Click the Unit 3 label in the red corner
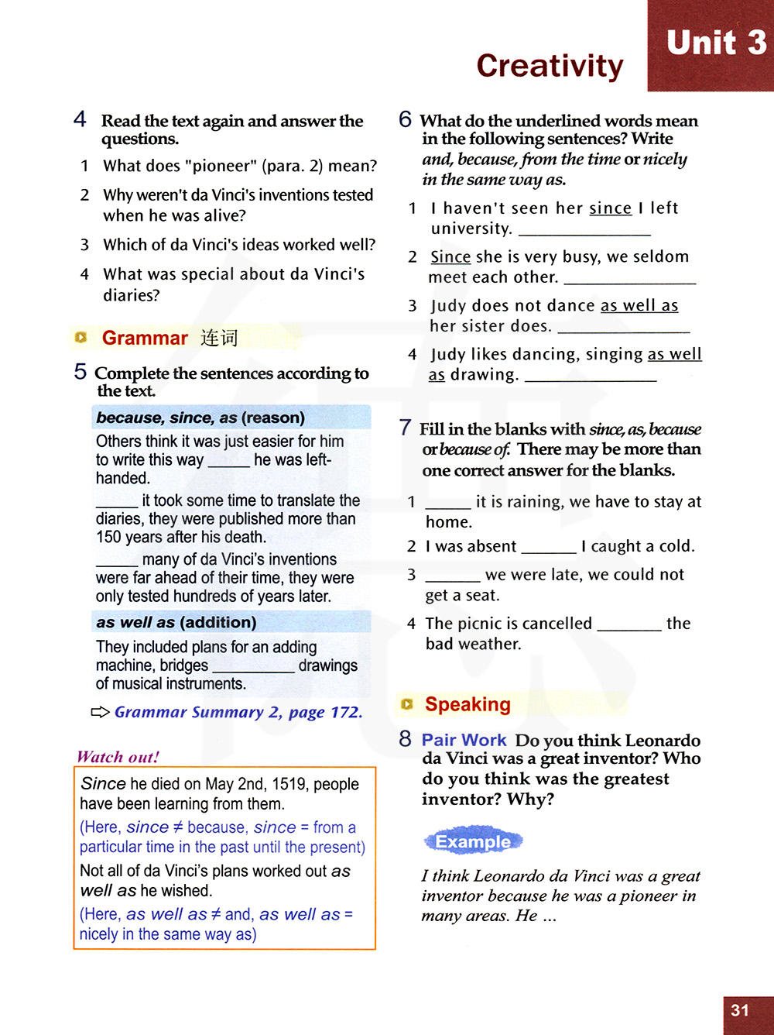716,43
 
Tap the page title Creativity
550,66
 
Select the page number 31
740,1010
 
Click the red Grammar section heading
145,339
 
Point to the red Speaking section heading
467,704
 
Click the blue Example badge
473,842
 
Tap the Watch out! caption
118,757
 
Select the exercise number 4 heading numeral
80,119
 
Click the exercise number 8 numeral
405,739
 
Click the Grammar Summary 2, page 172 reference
238,712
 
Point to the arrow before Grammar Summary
101,712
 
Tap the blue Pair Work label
464,740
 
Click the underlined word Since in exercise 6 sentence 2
450,257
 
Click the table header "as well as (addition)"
176,622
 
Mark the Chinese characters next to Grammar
218,338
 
